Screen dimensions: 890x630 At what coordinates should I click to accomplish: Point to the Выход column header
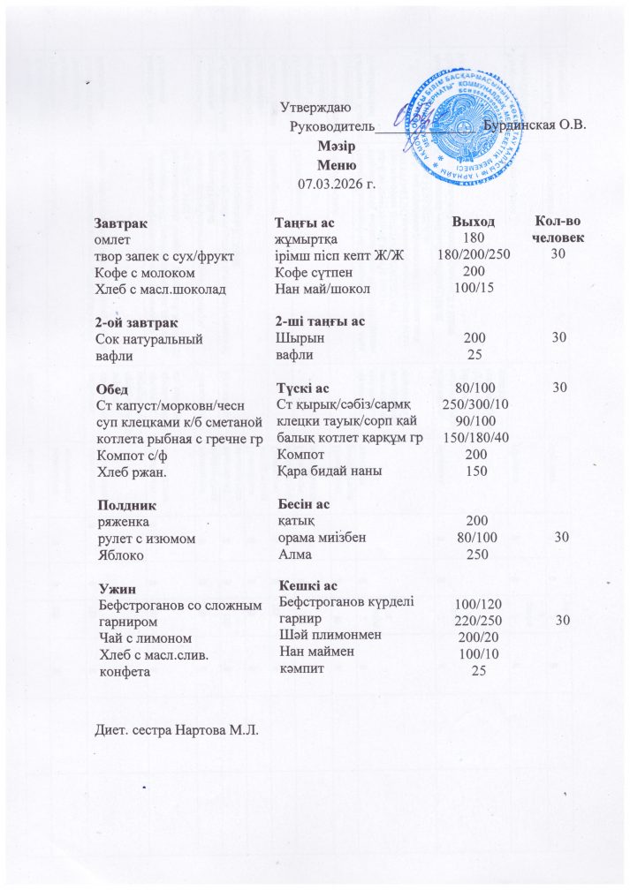click(473, 222)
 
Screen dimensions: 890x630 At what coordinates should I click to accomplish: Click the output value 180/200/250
click(474, 255)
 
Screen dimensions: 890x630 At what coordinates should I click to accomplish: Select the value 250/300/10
click(474, 405)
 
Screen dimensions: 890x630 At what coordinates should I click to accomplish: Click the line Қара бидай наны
click(329, 471)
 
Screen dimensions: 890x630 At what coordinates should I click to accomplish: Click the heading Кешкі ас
click(307, 586)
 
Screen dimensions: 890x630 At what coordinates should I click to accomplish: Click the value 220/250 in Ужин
click(474, 621)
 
